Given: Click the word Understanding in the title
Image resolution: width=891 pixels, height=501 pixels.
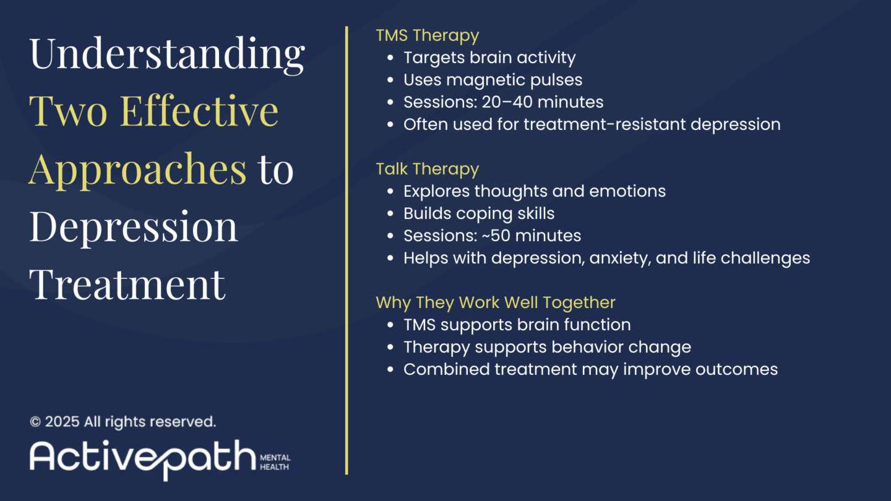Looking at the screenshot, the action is point(167,55).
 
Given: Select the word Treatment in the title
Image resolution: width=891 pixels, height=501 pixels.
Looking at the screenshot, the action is point(127,284).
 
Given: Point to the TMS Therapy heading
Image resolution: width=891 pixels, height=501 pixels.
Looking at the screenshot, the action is point(427,36).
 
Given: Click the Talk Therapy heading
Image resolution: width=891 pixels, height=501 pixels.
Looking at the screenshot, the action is point(427,169).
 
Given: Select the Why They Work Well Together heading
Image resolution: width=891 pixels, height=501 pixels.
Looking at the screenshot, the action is point(496,303).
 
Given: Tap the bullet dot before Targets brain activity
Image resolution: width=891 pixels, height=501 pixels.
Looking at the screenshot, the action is point(390,58).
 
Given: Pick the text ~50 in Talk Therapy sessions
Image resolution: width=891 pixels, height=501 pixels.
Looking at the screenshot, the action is point(496,236).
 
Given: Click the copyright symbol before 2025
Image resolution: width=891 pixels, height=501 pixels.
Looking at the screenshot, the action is point(35,422).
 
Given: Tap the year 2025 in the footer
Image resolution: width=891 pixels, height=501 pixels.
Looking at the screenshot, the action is point(62,422).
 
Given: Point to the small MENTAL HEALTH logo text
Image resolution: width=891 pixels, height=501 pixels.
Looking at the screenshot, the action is point(275,463).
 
